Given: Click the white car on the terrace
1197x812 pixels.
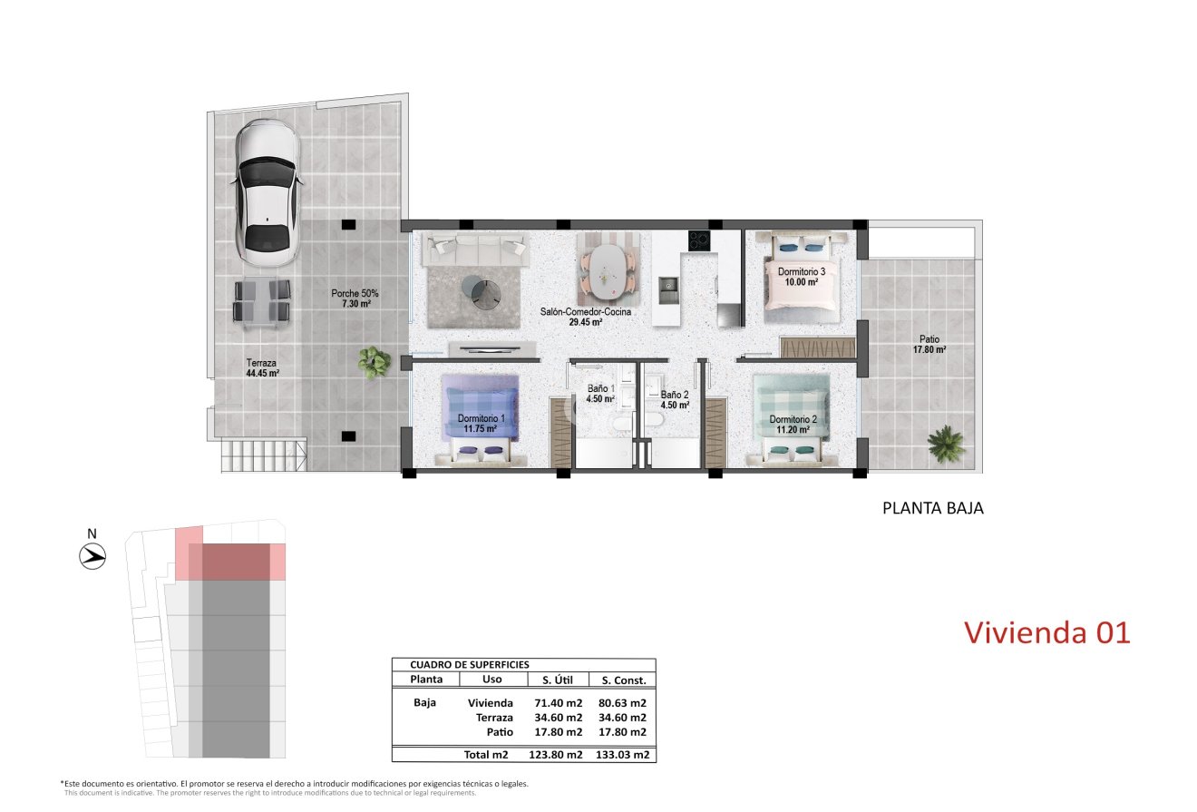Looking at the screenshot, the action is click(x=268, y=192).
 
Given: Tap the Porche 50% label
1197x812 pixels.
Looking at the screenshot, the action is click(x=355, y=298).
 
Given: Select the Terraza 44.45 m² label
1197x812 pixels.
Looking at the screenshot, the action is click(x=262, y=367).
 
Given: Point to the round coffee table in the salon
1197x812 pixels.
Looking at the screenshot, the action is click(x=482, y=290).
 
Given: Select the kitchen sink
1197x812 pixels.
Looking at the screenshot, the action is click(x=668, y=290).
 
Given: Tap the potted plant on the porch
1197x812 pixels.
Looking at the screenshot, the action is click(x=374, y=362).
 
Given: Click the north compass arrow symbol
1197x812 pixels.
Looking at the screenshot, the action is click(x=92, y=556).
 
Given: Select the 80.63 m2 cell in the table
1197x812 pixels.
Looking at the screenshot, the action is click(x=623, y=703).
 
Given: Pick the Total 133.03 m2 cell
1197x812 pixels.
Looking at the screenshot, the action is click(x=623, y=755).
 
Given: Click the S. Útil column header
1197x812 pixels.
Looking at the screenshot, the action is click(x=558, y=680).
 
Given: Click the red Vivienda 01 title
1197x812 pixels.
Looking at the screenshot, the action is click(x=1047, y=633).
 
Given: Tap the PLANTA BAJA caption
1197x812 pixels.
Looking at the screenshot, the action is click(x=933, y=508).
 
